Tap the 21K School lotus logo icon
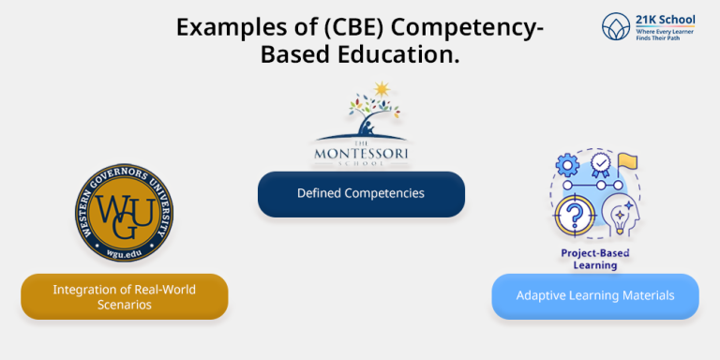pos(615,26)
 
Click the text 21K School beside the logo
pos(661,19)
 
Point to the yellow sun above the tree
pos(381,90)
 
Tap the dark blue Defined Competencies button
pos(361,193)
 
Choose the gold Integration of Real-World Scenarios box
pos(124,296)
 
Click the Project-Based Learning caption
pos(595,259)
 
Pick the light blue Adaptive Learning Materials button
pos(595,295)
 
